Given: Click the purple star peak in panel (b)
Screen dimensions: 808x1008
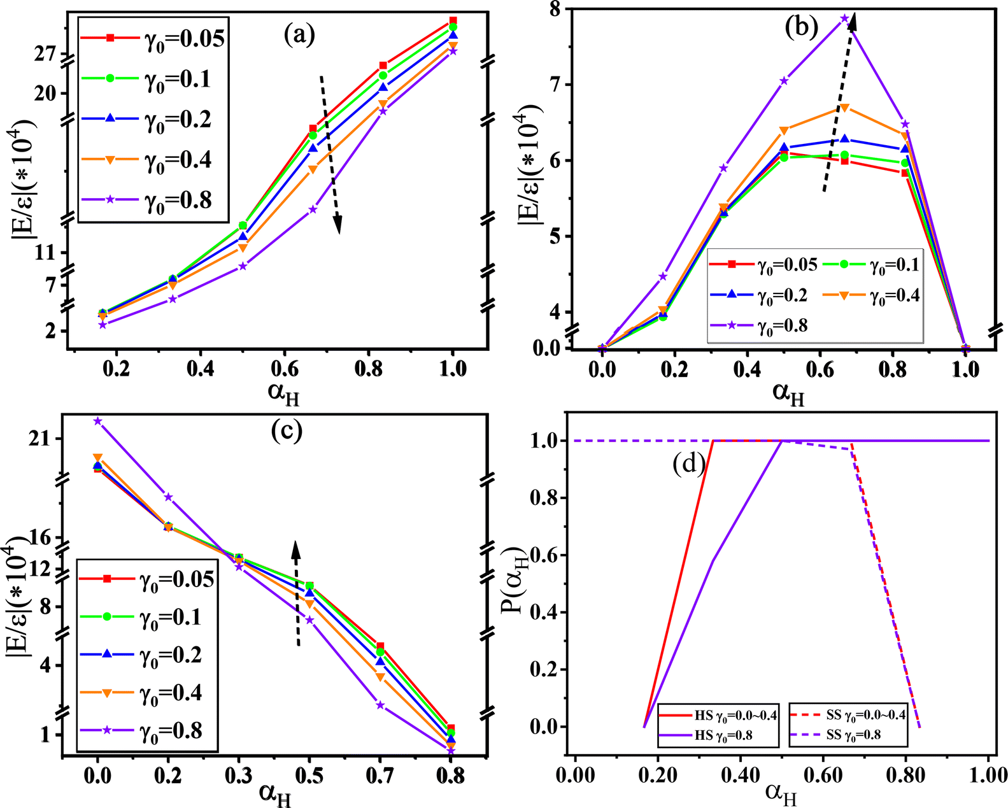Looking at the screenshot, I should [x=845, y=18].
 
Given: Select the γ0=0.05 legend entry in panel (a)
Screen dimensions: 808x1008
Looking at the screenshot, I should [x=153, y=38].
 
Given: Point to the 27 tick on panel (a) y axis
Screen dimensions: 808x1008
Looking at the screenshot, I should [x=46, y=54].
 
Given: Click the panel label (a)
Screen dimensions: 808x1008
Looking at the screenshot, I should [x=299, y=34].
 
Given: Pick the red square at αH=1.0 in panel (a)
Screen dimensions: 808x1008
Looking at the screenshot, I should [x=453, y=21].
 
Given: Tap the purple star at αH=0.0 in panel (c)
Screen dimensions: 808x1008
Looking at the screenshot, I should [x=97, y=421].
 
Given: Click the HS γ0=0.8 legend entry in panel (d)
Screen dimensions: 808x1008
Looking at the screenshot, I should [x=718, y=735].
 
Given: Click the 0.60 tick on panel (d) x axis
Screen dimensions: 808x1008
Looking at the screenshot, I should [x=823, y=775].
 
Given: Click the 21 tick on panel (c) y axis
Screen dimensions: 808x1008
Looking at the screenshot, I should [x=46, y=439].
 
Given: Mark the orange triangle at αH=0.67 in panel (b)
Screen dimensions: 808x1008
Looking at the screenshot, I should [x=845, y=108].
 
